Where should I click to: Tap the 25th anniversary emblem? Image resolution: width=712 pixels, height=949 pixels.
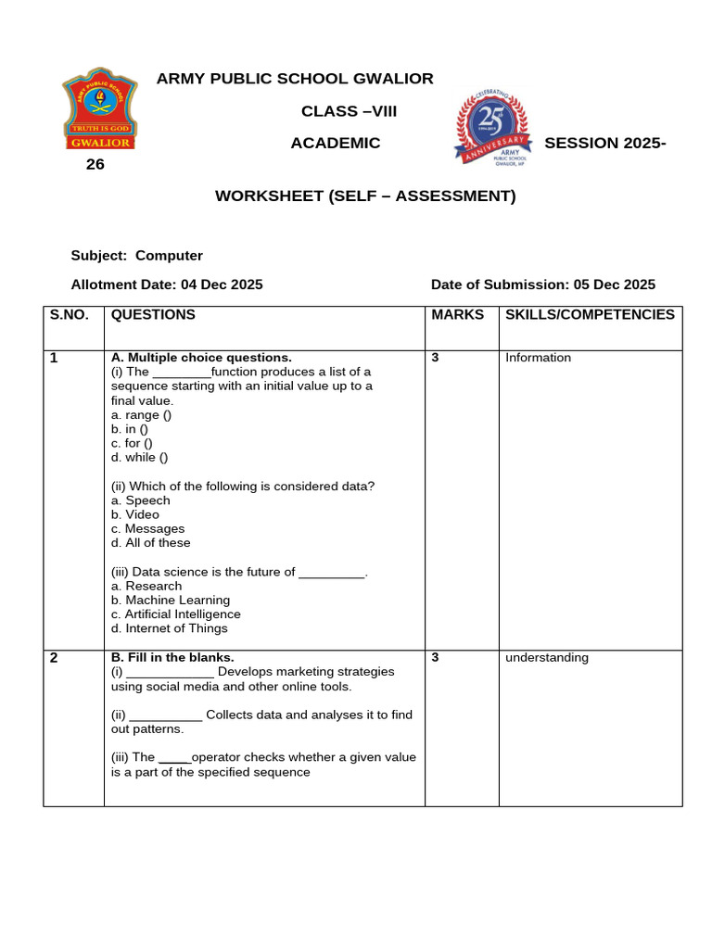click(491, 128)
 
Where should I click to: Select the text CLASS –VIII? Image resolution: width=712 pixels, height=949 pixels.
click(350, 111)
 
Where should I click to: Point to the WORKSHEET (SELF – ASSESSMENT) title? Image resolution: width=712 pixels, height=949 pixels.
click(365, 196)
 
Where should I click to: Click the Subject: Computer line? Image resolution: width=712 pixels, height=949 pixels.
click(137, 256)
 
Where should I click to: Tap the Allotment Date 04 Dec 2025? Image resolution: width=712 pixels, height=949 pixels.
click(167, 285)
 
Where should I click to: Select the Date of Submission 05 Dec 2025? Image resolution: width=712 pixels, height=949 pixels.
click(542, 285)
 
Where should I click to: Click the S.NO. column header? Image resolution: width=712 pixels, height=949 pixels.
click(70, 315)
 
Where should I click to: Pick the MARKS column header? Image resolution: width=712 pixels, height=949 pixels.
click(458, 315)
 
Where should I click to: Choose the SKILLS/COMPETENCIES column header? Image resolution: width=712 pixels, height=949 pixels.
click(590, 315)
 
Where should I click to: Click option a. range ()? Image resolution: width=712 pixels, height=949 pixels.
click(141, 415)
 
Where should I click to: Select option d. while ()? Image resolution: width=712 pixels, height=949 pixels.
click(139, 457)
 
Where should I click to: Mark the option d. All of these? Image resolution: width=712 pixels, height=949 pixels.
click(150, 543)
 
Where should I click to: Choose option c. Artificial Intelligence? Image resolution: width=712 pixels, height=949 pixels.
click(175, 614)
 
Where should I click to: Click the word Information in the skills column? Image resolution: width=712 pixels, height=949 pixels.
click(538, 358)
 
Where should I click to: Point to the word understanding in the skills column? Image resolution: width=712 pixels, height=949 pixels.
click(546, 658)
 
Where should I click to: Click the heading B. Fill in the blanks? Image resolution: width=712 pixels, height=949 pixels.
click(172, 658)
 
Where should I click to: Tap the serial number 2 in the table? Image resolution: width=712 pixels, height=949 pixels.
click(54, 658)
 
